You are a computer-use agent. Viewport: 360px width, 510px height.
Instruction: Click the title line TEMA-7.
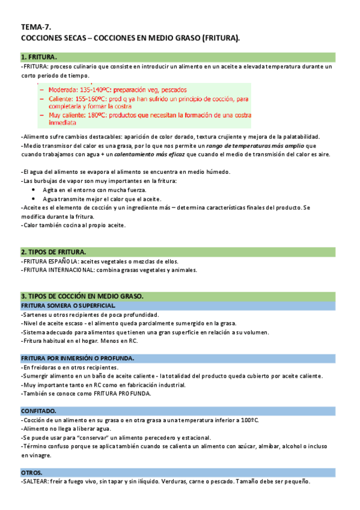point(35,27)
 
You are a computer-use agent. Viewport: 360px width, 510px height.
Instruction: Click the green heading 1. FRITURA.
point(39,57)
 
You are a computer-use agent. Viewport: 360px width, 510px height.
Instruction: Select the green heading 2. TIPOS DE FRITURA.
point(53,251)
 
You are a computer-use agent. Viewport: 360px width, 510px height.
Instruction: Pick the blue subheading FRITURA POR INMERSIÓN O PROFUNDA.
point(78,358)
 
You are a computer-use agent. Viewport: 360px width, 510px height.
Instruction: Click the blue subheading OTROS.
point(31,473)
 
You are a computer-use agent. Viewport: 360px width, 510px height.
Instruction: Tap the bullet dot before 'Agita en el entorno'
point(34,189)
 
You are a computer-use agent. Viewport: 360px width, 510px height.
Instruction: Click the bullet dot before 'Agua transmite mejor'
point(34,198)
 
